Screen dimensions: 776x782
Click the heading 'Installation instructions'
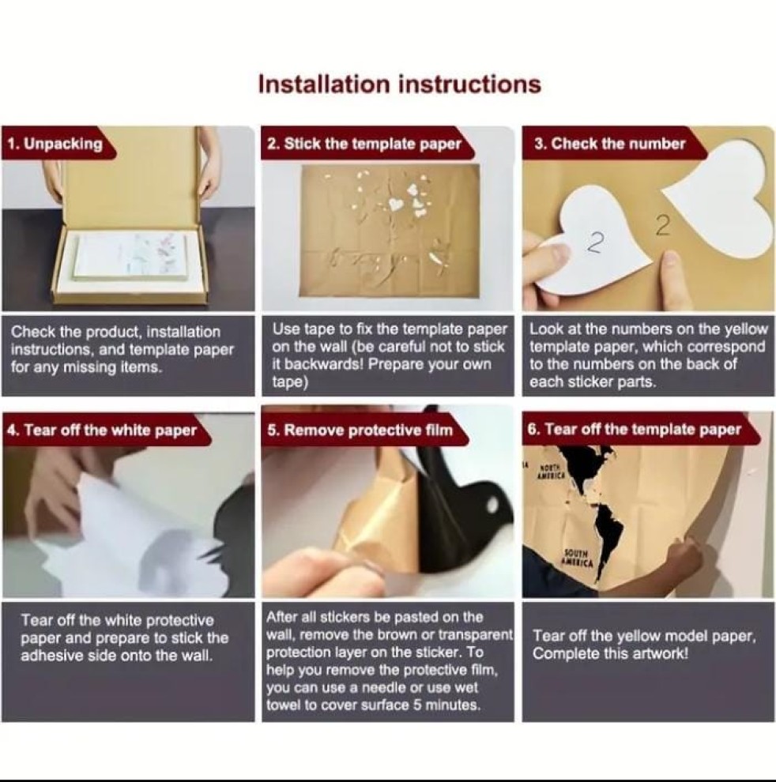(x=399, y=84)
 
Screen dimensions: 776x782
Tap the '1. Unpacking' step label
(x=55, y=144)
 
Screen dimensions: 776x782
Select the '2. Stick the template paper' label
(x=364, y=144)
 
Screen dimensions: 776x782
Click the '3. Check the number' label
(x=609, y=144)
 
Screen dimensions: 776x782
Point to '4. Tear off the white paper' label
(x=102, y=430)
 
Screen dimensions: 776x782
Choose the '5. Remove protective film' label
(x=360, y=430)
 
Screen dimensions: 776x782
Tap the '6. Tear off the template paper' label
(x=635, y=429)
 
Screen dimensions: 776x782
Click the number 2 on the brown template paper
(x=663, y=226)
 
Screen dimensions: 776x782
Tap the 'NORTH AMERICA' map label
(x=551, y=472)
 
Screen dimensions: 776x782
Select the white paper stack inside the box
(x=130, y=261)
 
